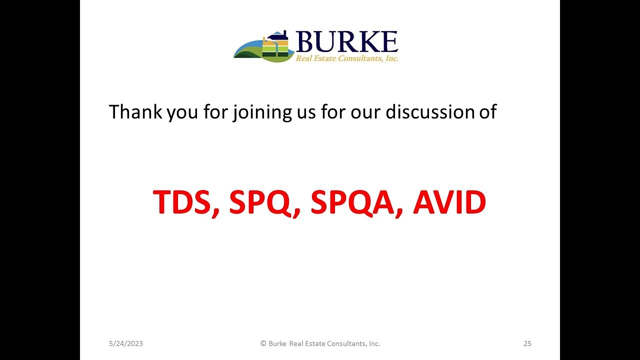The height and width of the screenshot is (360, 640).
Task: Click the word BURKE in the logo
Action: point(346,42)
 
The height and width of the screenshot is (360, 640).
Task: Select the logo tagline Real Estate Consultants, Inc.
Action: point(346,59)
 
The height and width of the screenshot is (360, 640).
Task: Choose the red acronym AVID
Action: point(449,202)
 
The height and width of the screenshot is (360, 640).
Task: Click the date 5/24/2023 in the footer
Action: point(126,343)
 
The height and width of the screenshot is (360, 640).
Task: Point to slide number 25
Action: point(527,343)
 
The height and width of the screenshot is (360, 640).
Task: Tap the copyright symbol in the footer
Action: point(263,343)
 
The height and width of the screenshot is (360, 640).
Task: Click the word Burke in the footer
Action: point(277,343)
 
